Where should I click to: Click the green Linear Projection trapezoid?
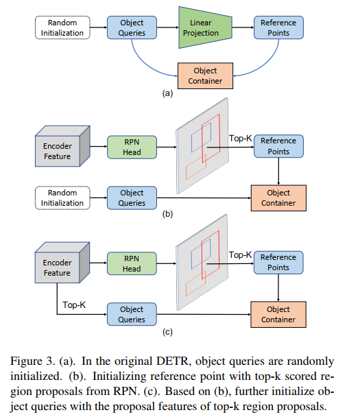click(205, 27)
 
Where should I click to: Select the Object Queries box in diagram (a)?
click(132, 27)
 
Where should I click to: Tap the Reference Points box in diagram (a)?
click(278, 27)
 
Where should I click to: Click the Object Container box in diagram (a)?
click(205, 76)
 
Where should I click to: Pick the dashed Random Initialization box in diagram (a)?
click(62, 27)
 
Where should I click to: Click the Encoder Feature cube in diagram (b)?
click(62, 146)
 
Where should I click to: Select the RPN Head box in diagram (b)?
click(132, 147)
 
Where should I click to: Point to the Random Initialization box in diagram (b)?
click(62, 197)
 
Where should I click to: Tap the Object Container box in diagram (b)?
click(278, 198)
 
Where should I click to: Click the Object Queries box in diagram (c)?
click(132, 314)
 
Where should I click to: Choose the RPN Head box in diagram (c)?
click(132, 263)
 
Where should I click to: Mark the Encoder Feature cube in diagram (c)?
click(62, 263)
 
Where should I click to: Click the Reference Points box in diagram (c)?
click(278, 263)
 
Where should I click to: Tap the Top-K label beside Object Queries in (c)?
click(74, 305)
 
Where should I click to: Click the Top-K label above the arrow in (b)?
click(241, 139)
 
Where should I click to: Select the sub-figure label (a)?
click(167, 93)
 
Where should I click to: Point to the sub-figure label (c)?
click(167, 332)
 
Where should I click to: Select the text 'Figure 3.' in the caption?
click(32, 361)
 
